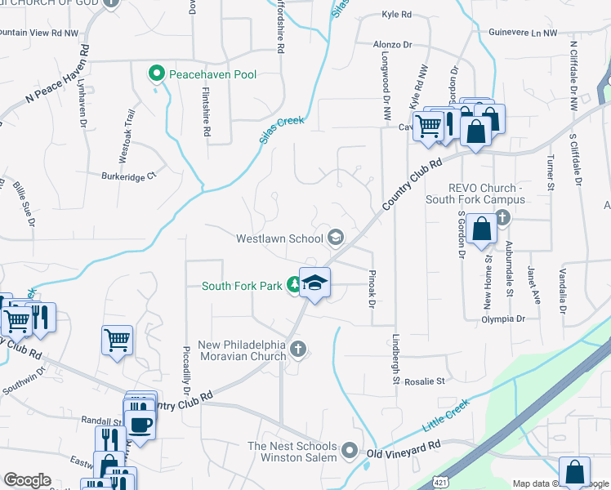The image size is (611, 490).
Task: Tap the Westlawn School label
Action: [x=279, y=239]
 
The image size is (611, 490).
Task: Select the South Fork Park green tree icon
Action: [x=295, y=286]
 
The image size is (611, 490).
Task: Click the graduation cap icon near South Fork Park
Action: [x=314, y=283]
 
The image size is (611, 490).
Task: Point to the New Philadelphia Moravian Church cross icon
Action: [x=298, y=350]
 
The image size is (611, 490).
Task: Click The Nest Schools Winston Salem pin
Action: [x=350, y=451]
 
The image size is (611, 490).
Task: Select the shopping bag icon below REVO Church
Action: [x=482, y=231]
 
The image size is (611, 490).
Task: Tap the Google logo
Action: [x=27, y=480]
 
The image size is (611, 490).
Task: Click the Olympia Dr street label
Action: [x=503, y=318]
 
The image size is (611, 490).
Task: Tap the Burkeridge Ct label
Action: [x=128, y=175]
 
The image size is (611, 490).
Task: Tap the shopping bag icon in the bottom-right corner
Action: [x=574, y=472]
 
